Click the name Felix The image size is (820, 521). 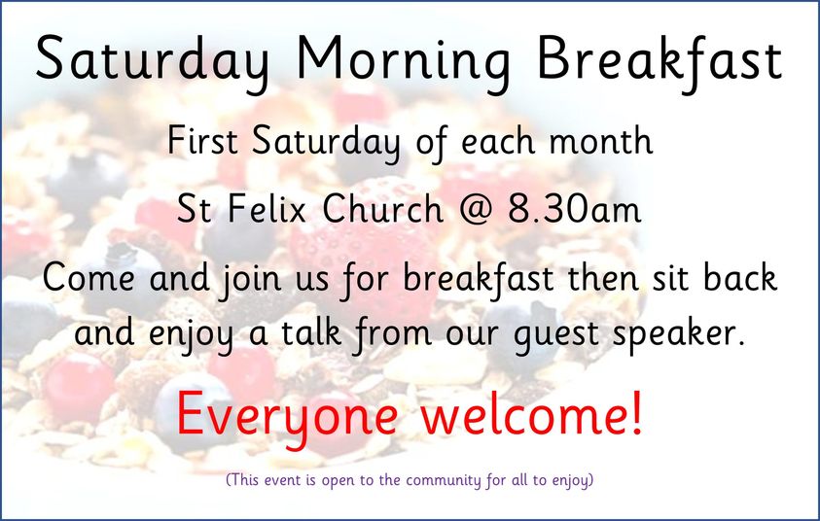267,209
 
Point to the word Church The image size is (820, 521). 383,209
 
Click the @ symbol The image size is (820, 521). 476,210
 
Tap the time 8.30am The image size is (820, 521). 574,209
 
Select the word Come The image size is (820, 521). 89,277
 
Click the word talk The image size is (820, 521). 311,331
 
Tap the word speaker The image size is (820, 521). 678,334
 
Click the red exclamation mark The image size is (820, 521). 636,412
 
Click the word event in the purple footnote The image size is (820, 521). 281,479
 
